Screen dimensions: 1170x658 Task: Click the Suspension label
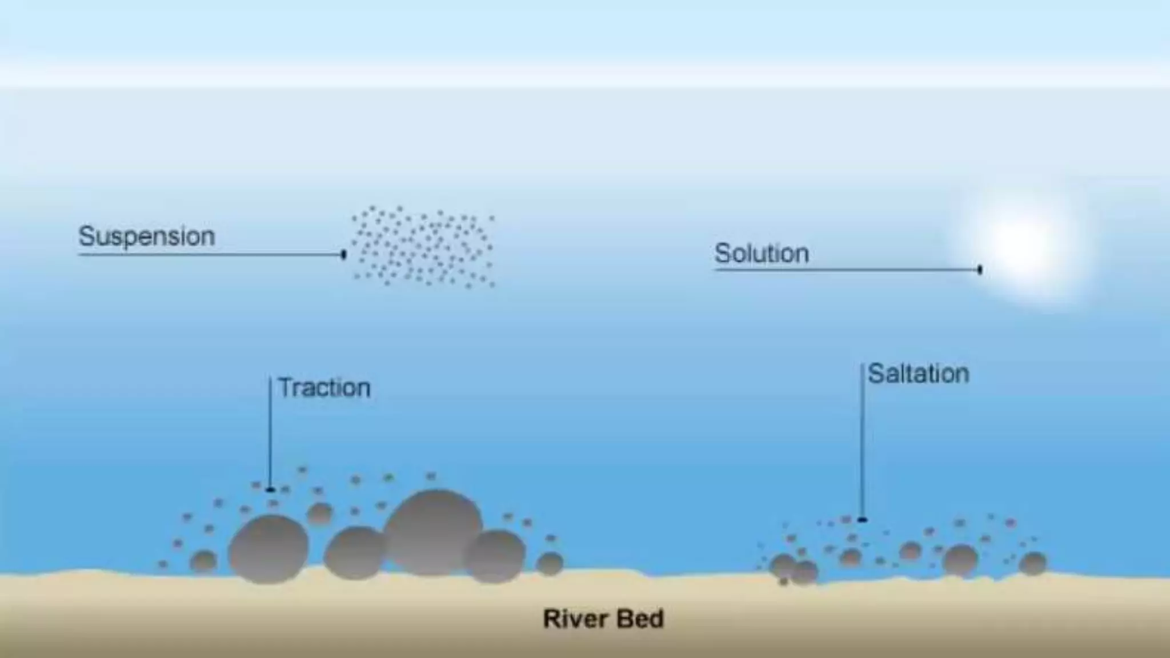pos(146,236)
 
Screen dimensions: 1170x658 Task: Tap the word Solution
pos(762,253)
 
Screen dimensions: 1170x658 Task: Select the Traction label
pos(324,388)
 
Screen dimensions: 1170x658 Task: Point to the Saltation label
pos(918,374)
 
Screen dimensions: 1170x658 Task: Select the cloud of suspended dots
pos(423,247)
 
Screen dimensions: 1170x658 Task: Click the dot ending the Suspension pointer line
pos(343,254)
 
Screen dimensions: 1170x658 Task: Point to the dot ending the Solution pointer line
pos(980,269)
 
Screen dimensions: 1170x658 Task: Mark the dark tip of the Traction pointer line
pos(270,490)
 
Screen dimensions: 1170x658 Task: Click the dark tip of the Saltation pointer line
pos(862,519)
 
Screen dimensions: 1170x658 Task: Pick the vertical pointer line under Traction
pos(270,434)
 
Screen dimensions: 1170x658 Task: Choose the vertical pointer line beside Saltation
pos(862,440)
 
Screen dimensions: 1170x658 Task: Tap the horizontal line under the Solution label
pos(846,269)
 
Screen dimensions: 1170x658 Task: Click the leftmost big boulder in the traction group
pos(269,548)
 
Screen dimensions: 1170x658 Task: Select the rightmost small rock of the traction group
pos(550,564)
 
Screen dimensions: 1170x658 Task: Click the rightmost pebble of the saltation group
pos(1032,563)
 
